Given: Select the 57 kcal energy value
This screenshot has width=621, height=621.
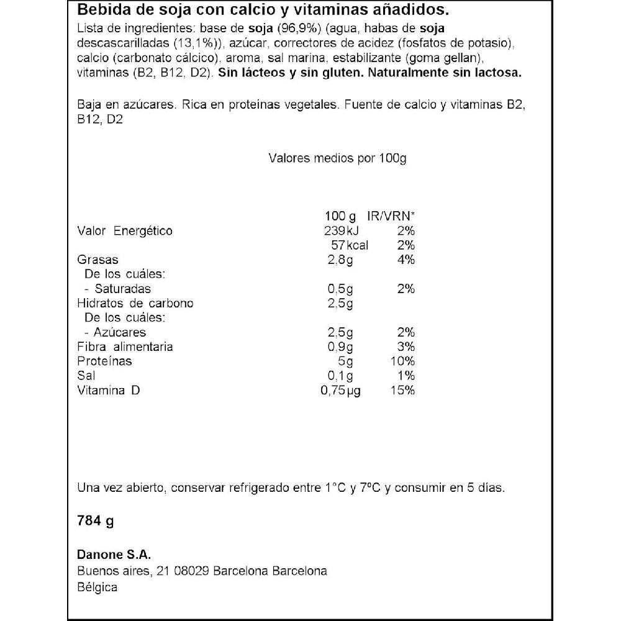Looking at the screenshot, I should click(x=350, y=245).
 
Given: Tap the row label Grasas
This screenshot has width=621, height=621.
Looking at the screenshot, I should click(x=97, y=260).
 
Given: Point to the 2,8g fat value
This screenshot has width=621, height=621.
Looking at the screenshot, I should click(x=340, y=260).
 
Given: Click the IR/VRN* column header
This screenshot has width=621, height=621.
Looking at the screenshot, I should click(x=391, y=217).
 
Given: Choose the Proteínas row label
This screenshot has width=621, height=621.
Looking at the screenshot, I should click(x=104, y=361).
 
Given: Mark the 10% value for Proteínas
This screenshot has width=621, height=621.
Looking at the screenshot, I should click(x=403, y=361).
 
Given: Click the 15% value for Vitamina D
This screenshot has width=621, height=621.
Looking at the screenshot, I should click(x=403, y=390).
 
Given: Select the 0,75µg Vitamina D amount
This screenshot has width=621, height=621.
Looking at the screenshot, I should click(x=340, y=390).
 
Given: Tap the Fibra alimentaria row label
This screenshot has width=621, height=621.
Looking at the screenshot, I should click(x=125, y=347).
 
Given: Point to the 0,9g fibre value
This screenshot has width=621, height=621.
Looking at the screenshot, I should click(x=340, y=347).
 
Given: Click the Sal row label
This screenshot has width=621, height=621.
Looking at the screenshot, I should click(x=86, y=376).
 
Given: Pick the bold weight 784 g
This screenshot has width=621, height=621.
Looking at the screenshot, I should click(x=96, y=520).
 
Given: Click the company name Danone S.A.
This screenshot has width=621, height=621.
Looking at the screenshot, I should click(x=114, y=555).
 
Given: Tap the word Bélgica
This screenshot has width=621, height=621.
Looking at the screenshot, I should click(x=97, y=587).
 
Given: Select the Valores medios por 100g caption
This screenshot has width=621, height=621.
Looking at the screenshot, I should click(x=337, y=158).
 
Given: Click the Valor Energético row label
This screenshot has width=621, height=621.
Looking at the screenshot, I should click(x=125, y=231).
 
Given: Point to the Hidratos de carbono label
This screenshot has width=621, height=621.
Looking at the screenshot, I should click(x=135, y=303).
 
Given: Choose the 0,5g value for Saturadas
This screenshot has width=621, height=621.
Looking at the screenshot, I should click(x=340, y=289).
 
